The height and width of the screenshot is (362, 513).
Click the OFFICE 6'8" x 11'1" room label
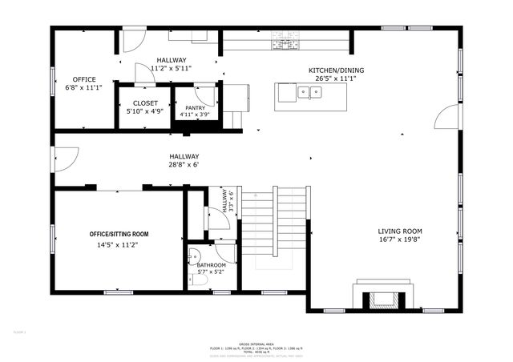pos(84,78)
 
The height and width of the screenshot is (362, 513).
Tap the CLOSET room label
pos(145,103)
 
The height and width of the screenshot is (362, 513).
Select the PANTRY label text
pos(195,107)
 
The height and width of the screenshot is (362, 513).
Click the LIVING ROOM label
pos(400,231)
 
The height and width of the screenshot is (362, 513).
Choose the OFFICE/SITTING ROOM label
pos(118,234)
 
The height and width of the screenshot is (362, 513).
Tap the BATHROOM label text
pos(211,265)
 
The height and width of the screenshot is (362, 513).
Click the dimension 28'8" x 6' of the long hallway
pos(184,165)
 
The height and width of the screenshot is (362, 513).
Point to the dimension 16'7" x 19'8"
pos(400,239)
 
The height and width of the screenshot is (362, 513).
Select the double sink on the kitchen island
pos(308,93)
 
